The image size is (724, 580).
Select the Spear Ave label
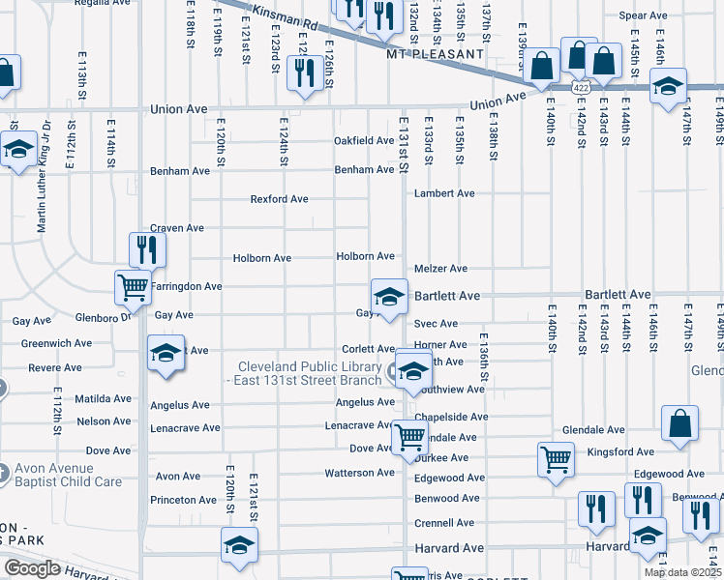(644, 15)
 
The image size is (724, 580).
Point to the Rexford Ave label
(279, 199)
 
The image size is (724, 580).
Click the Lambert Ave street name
(444, 193)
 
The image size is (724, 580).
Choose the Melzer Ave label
(440, 268)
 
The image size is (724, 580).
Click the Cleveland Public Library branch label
(311, 373)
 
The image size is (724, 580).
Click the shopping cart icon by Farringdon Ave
(133, 286)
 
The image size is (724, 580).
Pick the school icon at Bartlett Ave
(389, 296)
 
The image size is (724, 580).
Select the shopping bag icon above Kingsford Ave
(680, 422)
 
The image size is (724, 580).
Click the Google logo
(32, 568)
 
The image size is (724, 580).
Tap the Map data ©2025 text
(682, 572)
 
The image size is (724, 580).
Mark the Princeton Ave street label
(183, 500)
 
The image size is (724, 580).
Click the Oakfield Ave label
(364, 140)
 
